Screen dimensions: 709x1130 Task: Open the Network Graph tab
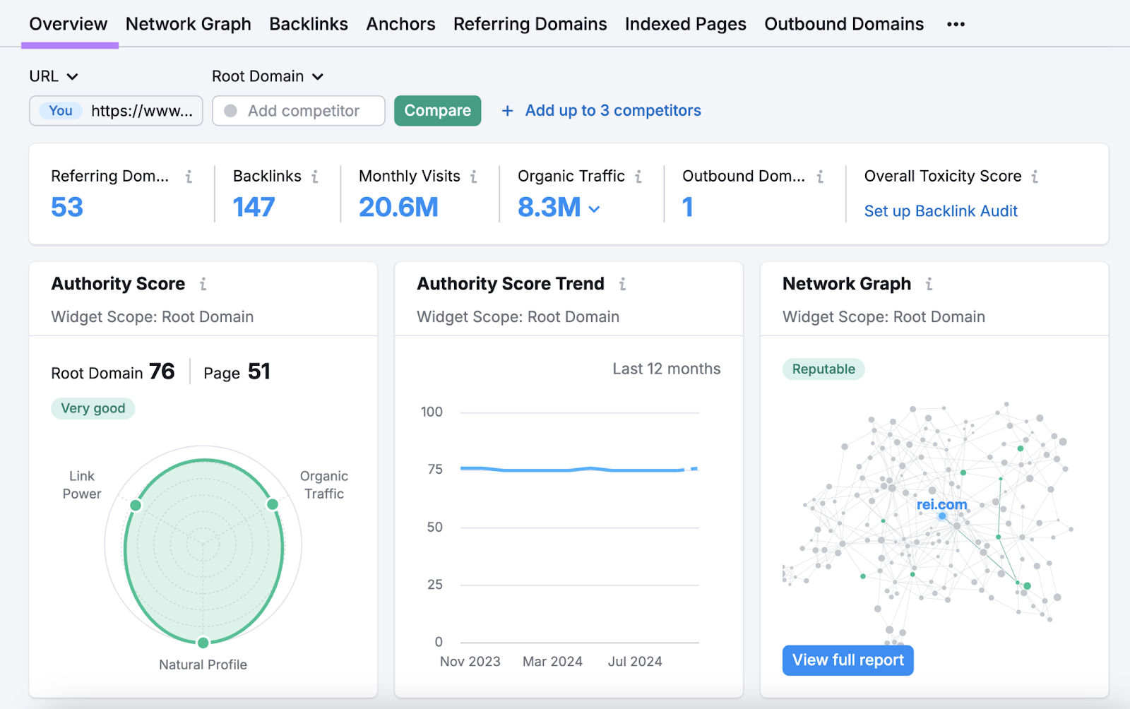coord(188,24)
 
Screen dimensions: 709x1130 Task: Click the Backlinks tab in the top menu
coord(309,24)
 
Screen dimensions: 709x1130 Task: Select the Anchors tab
coord(400,24)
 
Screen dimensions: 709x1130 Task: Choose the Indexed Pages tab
coord(685,24)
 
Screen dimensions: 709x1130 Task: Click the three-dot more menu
coord(956,25)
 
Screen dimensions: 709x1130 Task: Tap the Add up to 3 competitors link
coord(602,111)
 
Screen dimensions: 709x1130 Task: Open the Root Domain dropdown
coord(267,76)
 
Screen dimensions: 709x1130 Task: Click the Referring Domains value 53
coord(67,207)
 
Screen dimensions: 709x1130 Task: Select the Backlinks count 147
coord(254,207)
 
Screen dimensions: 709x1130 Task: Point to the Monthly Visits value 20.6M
coord(398,207)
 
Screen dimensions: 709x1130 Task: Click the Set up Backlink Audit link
coord(941,211)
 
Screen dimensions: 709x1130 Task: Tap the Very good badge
coord(93,408)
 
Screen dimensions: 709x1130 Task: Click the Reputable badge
coord(823,369)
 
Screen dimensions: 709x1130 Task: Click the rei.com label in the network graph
coord(941,505)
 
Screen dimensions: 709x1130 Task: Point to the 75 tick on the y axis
coord(435,470)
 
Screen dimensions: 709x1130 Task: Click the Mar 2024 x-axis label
coord(552,662)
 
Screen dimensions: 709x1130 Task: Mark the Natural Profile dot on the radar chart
coord(203,643)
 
